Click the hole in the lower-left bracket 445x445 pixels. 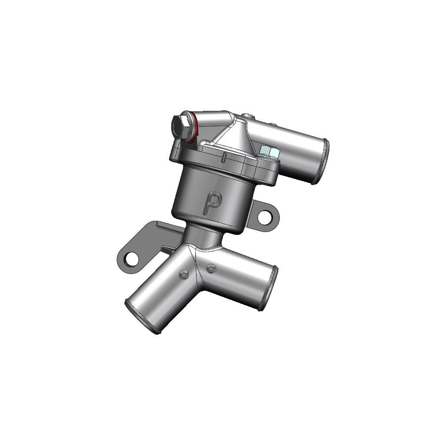(132, 258)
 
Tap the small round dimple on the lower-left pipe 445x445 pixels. (184, 274)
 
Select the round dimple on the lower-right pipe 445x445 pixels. (211, 268)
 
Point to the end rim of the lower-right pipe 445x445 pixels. (268, 289)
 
